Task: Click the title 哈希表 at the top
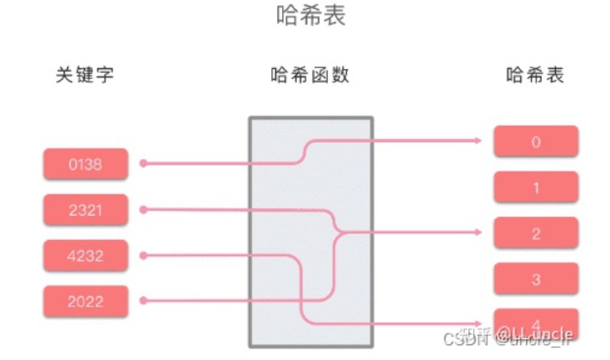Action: (x=310, y=16)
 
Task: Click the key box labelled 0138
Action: (x=86, y=164)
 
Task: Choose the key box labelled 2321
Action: (x=86, y=210)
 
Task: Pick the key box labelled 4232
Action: (x=86, y=256)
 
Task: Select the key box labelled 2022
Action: (x=86, y=301)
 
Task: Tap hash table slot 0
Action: (x=536, y=142)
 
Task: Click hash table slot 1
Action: (x=536, y=188)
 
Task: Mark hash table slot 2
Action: (x=536, y=233)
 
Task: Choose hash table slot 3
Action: (x=536, y=280)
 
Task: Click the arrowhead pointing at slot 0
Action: (x=478, y=140)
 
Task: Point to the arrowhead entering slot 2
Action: (x=478, y=233)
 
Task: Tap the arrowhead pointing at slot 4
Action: (x=478, y=323)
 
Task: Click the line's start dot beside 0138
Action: (x=143, y=164)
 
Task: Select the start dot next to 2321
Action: (x=143, y=210)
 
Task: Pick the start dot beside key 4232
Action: (x=143, y=255)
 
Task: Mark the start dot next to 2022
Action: (x=143, y=301)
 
